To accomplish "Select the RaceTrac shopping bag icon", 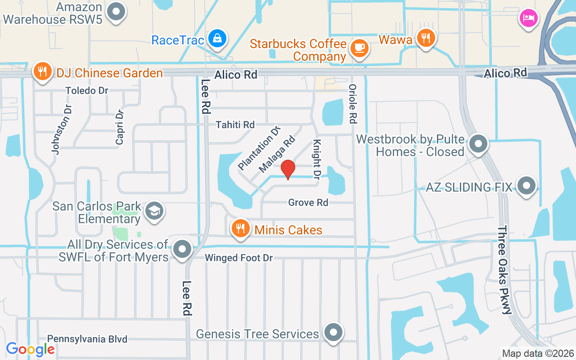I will pos(217,38).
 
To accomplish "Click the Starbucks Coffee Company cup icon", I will pos(359,47).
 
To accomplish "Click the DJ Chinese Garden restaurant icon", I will pos(42,71).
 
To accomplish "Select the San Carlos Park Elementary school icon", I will pos(154,210).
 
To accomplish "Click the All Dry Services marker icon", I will pos(182,248).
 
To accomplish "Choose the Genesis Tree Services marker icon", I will pos(333,333).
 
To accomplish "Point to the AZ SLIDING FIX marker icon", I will pos(526,185).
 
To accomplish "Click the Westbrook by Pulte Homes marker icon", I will pos(478,144).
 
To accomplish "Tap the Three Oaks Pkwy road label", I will pos(504,270).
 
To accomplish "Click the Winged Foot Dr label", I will pos(239,258).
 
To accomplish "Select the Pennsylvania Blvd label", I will pos(87,339).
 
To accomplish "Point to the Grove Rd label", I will pos(308,202).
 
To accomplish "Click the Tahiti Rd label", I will pos(235,125).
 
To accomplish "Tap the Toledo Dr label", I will pos(87,90).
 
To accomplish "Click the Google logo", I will pos(31,349).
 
